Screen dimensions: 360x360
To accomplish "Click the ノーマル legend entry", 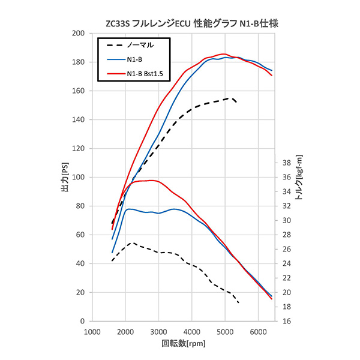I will pyautogui.click(x=140, y=45).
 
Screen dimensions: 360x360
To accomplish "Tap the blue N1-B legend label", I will pyautogui.click(x=134, y=59).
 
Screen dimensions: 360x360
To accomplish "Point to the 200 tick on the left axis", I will pyautogui.click(x=76, y=34).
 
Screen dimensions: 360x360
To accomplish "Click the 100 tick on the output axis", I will pyautogui.click(x=76, y=178).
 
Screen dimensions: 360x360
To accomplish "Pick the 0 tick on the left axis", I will pyautogui.click(x=81, y=322).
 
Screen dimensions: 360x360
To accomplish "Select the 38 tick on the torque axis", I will pyautogui.click(x=287, y=163).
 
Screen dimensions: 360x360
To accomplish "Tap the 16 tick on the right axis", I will pyautogui.click(x=287, y=322).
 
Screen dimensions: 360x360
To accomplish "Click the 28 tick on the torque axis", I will pyautogui.click(x=287, y=235).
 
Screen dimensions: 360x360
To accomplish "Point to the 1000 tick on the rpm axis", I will pyautogui.click(x=92, y=332).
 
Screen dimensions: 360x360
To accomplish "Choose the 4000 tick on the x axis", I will pyautogui.click(x=191, y=332).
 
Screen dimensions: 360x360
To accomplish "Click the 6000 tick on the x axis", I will pyautogui.click(x=258, y=332).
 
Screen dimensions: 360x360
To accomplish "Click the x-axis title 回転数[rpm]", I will pyautogui.click(x=184, y=344).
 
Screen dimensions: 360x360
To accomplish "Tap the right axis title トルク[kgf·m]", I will pyautogui.click(x=299, y=178).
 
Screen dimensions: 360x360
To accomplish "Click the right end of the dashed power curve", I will pyautogui.click(x=236, y=103).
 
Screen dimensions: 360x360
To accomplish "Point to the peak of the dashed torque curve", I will pyautogui.click(x=133, y=243).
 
